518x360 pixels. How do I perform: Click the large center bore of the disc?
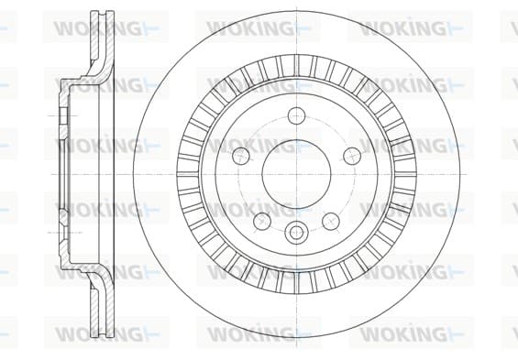(296, 174)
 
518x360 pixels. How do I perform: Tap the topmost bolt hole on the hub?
(296, 115)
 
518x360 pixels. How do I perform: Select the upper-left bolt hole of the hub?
(241, 156)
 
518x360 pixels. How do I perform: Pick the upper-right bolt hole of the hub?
(352, 156)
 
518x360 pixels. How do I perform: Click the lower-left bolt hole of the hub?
(262, 221)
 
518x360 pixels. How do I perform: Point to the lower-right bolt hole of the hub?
(331, 221)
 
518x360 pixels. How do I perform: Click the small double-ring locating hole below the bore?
(296, 232)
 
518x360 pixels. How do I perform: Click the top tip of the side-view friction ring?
(103, 11)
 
